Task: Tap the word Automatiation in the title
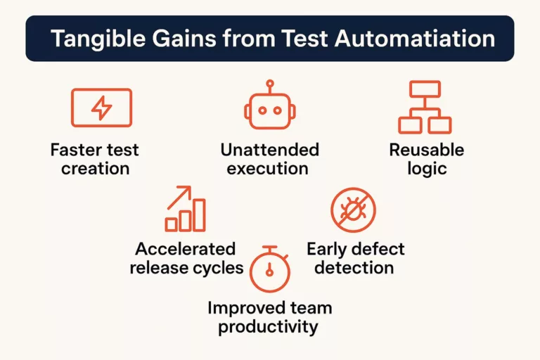click(415, 38)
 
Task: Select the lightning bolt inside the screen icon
click(101, 108)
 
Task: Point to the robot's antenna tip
click(270, 84)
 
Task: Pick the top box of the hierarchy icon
click(425, 89)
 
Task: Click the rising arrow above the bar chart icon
click(179, 198)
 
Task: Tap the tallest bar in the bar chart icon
click(200, 215)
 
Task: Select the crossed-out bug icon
click(354, 210)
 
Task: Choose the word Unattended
click(270, 150)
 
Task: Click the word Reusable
click(427, 150)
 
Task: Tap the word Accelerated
click(186, 249)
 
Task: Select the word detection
click(354, 268)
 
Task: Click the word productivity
click(269, 327)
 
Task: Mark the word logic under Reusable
click(427, 169)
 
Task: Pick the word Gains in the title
click(184, 38)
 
